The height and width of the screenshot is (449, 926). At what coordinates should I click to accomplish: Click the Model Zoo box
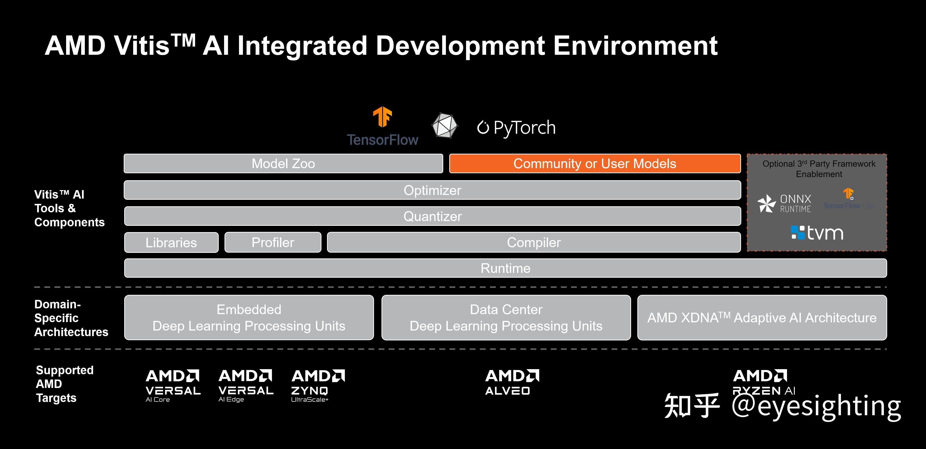(x=283, y=164)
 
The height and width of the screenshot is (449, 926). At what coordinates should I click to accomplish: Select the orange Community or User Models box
(x=595, y=164)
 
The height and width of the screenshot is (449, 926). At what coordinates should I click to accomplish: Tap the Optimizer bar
(x=432, y=190)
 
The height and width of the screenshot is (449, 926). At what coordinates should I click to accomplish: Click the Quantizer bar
(x=432, y=216)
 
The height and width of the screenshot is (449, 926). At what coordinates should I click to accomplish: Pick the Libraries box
(x=171, y=242)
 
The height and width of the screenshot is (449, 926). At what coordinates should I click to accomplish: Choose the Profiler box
(x=273, y=242)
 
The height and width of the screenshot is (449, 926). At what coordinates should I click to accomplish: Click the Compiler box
(x=534, y=242)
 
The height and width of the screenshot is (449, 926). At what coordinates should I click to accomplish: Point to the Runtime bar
(x=505, y=268)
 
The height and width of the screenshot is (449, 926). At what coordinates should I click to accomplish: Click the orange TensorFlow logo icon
(x=382, y=117)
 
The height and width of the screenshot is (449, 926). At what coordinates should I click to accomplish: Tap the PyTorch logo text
(x=517, y=128)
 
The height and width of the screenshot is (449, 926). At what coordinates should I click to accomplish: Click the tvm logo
(x=817, y=233)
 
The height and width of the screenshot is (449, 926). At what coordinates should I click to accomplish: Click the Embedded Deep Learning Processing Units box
(x=249, y=318)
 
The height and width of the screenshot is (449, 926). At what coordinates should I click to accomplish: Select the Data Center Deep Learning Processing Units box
(x=506, y=318)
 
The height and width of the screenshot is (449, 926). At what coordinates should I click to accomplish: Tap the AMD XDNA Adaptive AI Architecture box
(x=762, y=318)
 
